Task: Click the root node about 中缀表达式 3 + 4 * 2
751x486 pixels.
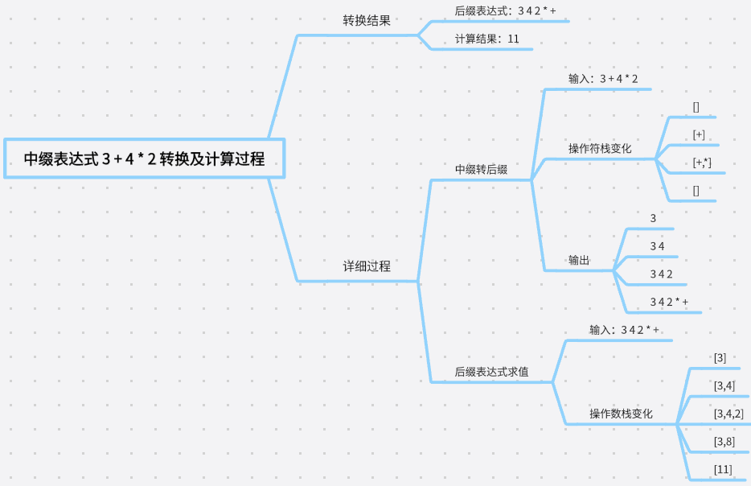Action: (x=144, y=159)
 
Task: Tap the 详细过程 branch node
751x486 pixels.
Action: (x=367, y=266)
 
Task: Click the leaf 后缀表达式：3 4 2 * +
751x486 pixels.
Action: (x=505, y=11)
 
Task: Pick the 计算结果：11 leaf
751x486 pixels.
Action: (x=486, y=39)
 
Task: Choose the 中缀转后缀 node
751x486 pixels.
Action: (x=481, y=170)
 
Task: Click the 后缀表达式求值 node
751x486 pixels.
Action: (x=491, y=372)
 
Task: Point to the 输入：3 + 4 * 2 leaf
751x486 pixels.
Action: (x=603, y=79)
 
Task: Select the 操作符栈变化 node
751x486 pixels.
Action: (x=600, y=149)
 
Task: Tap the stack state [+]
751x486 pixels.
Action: (x=699, y=134)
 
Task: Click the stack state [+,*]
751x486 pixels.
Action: (x=702, y=163)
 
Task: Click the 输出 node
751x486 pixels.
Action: (x=579, y=261)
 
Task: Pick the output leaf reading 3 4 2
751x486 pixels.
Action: (x=661, y=274)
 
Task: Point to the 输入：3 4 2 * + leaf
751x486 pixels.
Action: (x=624, y=330)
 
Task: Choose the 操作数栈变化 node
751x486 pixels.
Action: (x=621, y=414)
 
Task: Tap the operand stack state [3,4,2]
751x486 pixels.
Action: (x=728, y=414)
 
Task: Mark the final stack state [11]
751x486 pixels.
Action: (x=723, y=469)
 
